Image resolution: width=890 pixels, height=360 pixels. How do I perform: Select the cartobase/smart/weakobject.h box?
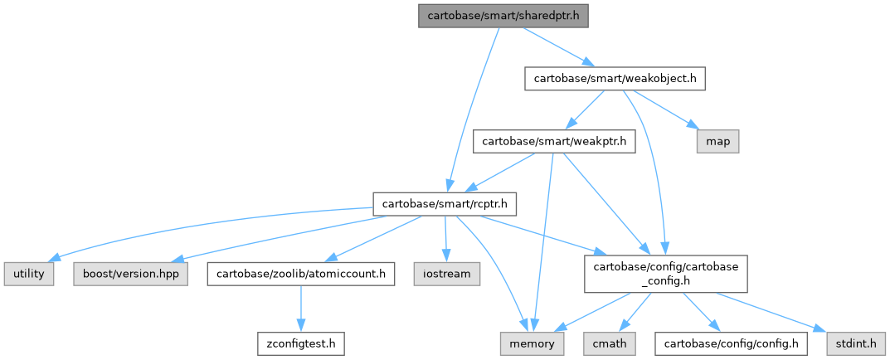coord(615,79)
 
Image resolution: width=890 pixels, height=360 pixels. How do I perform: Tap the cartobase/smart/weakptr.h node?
coord(554,142)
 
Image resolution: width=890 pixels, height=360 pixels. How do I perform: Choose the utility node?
coord(29,272)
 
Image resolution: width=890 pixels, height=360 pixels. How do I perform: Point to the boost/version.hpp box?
coord(130,272)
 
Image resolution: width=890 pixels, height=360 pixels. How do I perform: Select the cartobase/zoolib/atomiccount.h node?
coord(300,272)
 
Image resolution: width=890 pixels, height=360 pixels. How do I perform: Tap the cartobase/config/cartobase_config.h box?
coord(666,272)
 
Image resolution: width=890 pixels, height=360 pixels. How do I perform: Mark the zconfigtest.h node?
coord(300,342)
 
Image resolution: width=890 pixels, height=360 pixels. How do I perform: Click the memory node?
coord(532,342)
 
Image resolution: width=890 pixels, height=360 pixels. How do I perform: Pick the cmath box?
coord(610,342)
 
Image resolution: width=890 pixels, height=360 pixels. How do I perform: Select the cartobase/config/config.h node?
coord(731,342)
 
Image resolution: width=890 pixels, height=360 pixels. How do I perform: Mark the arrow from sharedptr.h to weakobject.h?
coord(556,47)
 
